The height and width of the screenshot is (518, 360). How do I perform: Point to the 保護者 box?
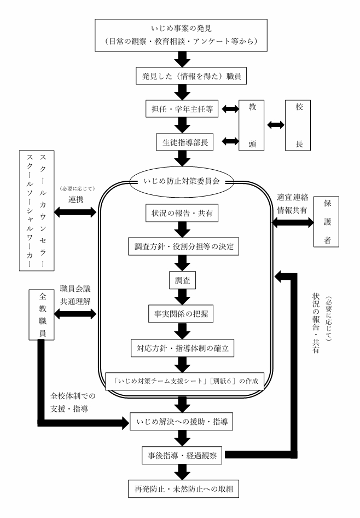point(330,222)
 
